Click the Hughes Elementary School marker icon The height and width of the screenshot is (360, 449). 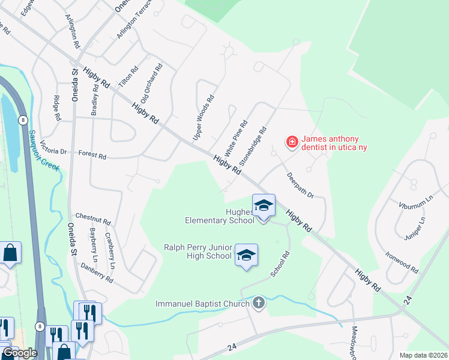[264, 206]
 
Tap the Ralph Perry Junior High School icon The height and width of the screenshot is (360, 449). [246, 256]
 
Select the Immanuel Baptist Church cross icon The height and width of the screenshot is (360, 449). [259, 304]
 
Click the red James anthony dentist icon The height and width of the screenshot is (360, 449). [292, 142]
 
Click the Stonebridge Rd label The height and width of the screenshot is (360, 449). [253, 146]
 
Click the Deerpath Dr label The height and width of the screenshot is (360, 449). [300, 185]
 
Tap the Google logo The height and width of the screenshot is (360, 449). [19, 353]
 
